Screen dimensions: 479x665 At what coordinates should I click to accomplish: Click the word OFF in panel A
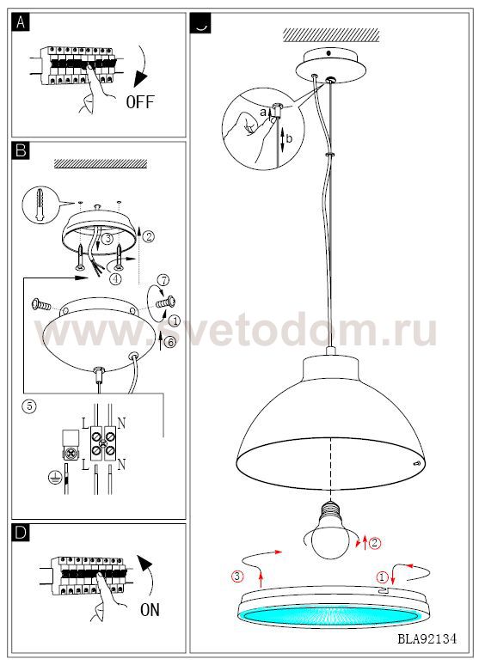(x=139, y=101)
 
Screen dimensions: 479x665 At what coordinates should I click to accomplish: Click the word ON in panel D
(x=150, y=610)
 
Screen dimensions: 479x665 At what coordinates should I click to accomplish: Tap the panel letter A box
(x=21, y=22)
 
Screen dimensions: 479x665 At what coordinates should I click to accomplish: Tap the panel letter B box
(x=21, y=150)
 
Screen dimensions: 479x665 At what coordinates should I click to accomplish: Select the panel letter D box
(x=21, y=533)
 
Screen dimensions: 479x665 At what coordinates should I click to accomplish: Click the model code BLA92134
(x=427, y=638)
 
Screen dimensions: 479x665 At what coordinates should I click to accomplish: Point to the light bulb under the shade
(x=329, y=530)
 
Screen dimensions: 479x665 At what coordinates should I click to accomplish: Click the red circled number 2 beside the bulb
(x=375, y=543)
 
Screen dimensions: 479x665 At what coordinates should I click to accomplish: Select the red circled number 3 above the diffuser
(x=237, y=576)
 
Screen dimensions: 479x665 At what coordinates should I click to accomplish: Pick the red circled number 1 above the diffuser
(x=383, y=577)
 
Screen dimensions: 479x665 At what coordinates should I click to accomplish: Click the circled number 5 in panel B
(x=29, y=406)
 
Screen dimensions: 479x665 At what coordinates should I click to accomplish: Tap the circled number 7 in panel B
(x=163, y=280)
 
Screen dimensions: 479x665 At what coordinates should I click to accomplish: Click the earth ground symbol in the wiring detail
(x=55, y=477)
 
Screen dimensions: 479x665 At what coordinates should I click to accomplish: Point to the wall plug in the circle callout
(x=39, y=204)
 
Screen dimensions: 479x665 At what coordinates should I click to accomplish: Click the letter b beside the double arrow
(x=289, y=138)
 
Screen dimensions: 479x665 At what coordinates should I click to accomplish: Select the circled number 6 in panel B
(x=169, y=342)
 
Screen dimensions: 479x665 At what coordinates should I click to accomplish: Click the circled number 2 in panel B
(x=148, y=236)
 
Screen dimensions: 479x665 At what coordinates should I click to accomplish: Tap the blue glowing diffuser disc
(x=331, y=615)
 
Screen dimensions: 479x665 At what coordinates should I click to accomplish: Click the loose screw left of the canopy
(x=41, y=304)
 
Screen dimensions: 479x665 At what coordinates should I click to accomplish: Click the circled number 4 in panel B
(x=114, y=278)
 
